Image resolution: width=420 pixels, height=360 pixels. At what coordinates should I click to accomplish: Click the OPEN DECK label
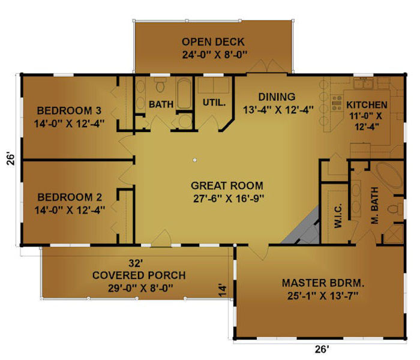click(x=213, y=42)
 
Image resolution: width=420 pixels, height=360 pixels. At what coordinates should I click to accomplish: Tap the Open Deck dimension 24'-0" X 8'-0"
click(x=214, y=55)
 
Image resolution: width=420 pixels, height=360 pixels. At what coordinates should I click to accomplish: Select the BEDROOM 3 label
click(x=69, y=110)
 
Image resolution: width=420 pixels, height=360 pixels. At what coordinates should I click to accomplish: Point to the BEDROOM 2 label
click(x=70, y=197)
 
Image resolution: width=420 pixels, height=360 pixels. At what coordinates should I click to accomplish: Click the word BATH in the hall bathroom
click(x=161, y=104)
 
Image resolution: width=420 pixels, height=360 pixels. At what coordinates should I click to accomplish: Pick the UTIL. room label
click(x=214, y=103)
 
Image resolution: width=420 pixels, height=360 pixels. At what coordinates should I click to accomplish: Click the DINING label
click(x=277, y=97)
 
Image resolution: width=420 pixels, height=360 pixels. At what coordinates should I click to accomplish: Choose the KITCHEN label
click(x=367, y=105)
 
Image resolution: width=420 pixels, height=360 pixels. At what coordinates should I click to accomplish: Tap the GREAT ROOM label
click(x=227, y=185)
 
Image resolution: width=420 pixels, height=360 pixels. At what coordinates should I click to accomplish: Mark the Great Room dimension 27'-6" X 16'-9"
click(x=229, y=199)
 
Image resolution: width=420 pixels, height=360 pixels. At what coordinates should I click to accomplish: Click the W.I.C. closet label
click(x=338, y=215)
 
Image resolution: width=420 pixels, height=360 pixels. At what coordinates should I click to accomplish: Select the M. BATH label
click(x=374, y=205)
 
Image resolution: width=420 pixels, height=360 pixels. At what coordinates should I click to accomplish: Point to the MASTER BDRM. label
click(x=323, y=283)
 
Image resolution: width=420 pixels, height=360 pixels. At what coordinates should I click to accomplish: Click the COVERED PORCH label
click(x=139, y=275)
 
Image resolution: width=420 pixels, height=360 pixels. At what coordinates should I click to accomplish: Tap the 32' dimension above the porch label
click(x=136, y=263)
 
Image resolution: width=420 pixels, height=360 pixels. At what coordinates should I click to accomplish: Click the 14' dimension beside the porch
click(x=222, y=290)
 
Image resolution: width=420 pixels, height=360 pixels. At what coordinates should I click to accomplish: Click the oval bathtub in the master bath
click(x=389, y=175)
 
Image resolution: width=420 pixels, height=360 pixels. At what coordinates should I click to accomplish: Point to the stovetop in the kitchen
click(x=337, y=103)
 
